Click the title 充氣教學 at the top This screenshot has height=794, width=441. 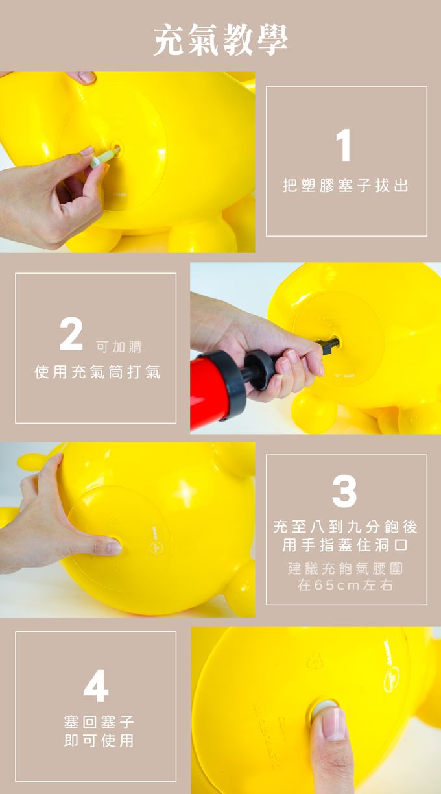point(220,40)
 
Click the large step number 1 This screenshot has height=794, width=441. point(344,145)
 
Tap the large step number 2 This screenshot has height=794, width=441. point(71,335)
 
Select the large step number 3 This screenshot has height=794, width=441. point(344,491)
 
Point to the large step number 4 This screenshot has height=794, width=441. point(96,685)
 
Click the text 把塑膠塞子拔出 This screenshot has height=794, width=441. point(346,186)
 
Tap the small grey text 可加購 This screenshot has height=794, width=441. point(119,347)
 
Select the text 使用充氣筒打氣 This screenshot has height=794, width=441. point(97,372)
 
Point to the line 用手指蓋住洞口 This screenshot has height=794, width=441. point(346,544)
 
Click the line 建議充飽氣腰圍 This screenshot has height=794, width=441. point(346,568)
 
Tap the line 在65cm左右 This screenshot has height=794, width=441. point(346,585)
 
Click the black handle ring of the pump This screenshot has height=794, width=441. point(260,370)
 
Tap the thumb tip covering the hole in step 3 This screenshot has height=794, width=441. point(112,546)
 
